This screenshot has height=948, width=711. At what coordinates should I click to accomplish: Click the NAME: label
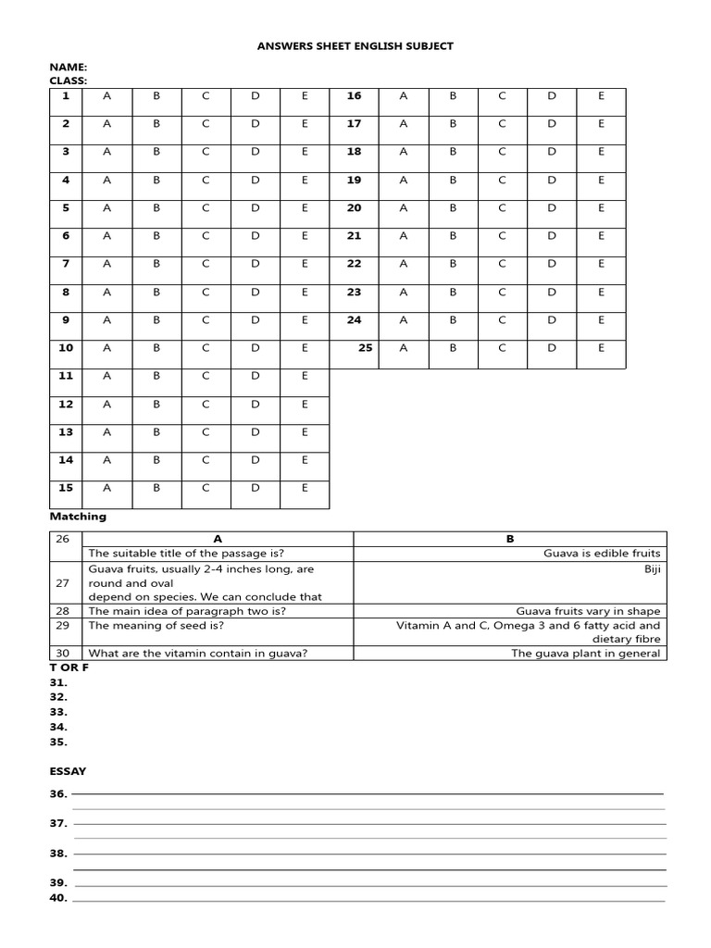coord(68,68)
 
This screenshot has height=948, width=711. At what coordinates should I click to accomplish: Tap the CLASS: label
coord(69,81)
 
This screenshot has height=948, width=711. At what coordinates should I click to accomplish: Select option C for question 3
coord(206,152)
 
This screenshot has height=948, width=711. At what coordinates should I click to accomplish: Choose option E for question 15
coord(305,488)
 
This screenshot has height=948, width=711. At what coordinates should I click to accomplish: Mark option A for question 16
coord(403,95)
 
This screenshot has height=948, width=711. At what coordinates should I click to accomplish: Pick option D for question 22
coord(552,264)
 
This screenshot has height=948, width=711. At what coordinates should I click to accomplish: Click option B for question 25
coord(453,348)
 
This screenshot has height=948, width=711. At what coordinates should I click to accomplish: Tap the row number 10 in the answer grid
coord(66,348)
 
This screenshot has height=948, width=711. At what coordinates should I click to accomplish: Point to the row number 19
coord(354,181)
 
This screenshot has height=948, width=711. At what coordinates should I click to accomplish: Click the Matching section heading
coord(78,517)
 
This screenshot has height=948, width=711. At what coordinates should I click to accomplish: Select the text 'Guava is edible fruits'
coord(602,553)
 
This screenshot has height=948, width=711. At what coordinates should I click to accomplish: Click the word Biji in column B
coord(653,568)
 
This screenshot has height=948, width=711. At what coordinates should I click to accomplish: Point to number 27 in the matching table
coord(63,583)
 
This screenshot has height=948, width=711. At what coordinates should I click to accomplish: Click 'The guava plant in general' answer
coord(586,653)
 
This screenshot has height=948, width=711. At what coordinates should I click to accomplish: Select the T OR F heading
coord(69,667)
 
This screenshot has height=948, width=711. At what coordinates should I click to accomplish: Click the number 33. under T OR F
coord(58,712)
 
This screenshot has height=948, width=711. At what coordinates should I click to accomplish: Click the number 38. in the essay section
coord(58,854)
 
